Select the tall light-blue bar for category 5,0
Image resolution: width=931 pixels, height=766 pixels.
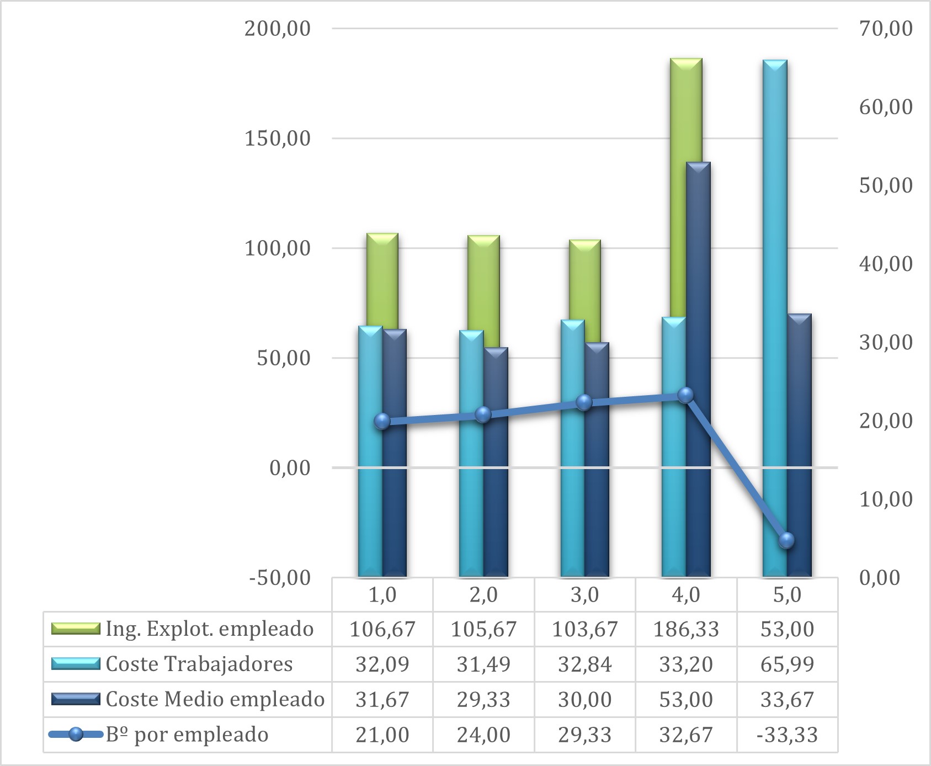(775, 276)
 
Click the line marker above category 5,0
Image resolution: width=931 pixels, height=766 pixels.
(786, 540)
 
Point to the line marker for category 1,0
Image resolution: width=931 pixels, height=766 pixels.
(382, 422)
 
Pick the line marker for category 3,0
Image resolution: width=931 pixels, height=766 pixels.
(584, 402)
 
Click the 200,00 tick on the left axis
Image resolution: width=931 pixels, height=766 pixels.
(278, 28)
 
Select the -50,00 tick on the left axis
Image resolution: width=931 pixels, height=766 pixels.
(280, 578)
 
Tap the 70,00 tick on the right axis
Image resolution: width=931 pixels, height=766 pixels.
(886, 28)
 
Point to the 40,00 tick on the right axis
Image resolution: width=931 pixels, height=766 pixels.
(886, 264)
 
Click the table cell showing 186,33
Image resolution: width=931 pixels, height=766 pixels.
(686, 629)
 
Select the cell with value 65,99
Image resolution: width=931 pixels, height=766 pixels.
(787, 664)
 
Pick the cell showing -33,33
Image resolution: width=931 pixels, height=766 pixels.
(787, 735)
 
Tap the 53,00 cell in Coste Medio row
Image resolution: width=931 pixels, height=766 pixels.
(686, 699)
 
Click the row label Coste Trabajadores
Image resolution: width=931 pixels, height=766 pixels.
(199, 664)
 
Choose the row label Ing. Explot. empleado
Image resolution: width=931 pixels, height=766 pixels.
(210, 629)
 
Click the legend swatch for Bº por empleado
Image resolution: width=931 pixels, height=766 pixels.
(76, 735)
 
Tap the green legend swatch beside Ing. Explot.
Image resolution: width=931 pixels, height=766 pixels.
(76, 629)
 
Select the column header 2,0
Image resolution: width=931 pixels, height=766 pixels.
(483, 594)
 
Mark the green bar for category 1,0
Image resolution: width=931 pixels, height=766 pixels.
(382, 276)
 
